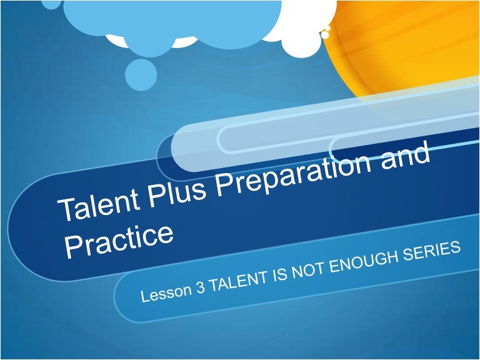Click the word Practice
(118, 239)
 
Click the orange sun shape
(412, 50)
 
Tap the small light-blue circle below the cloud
(141, 74)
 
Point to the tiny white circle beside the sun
(325, 35)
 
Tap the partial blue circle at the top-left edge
(51, 3)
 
